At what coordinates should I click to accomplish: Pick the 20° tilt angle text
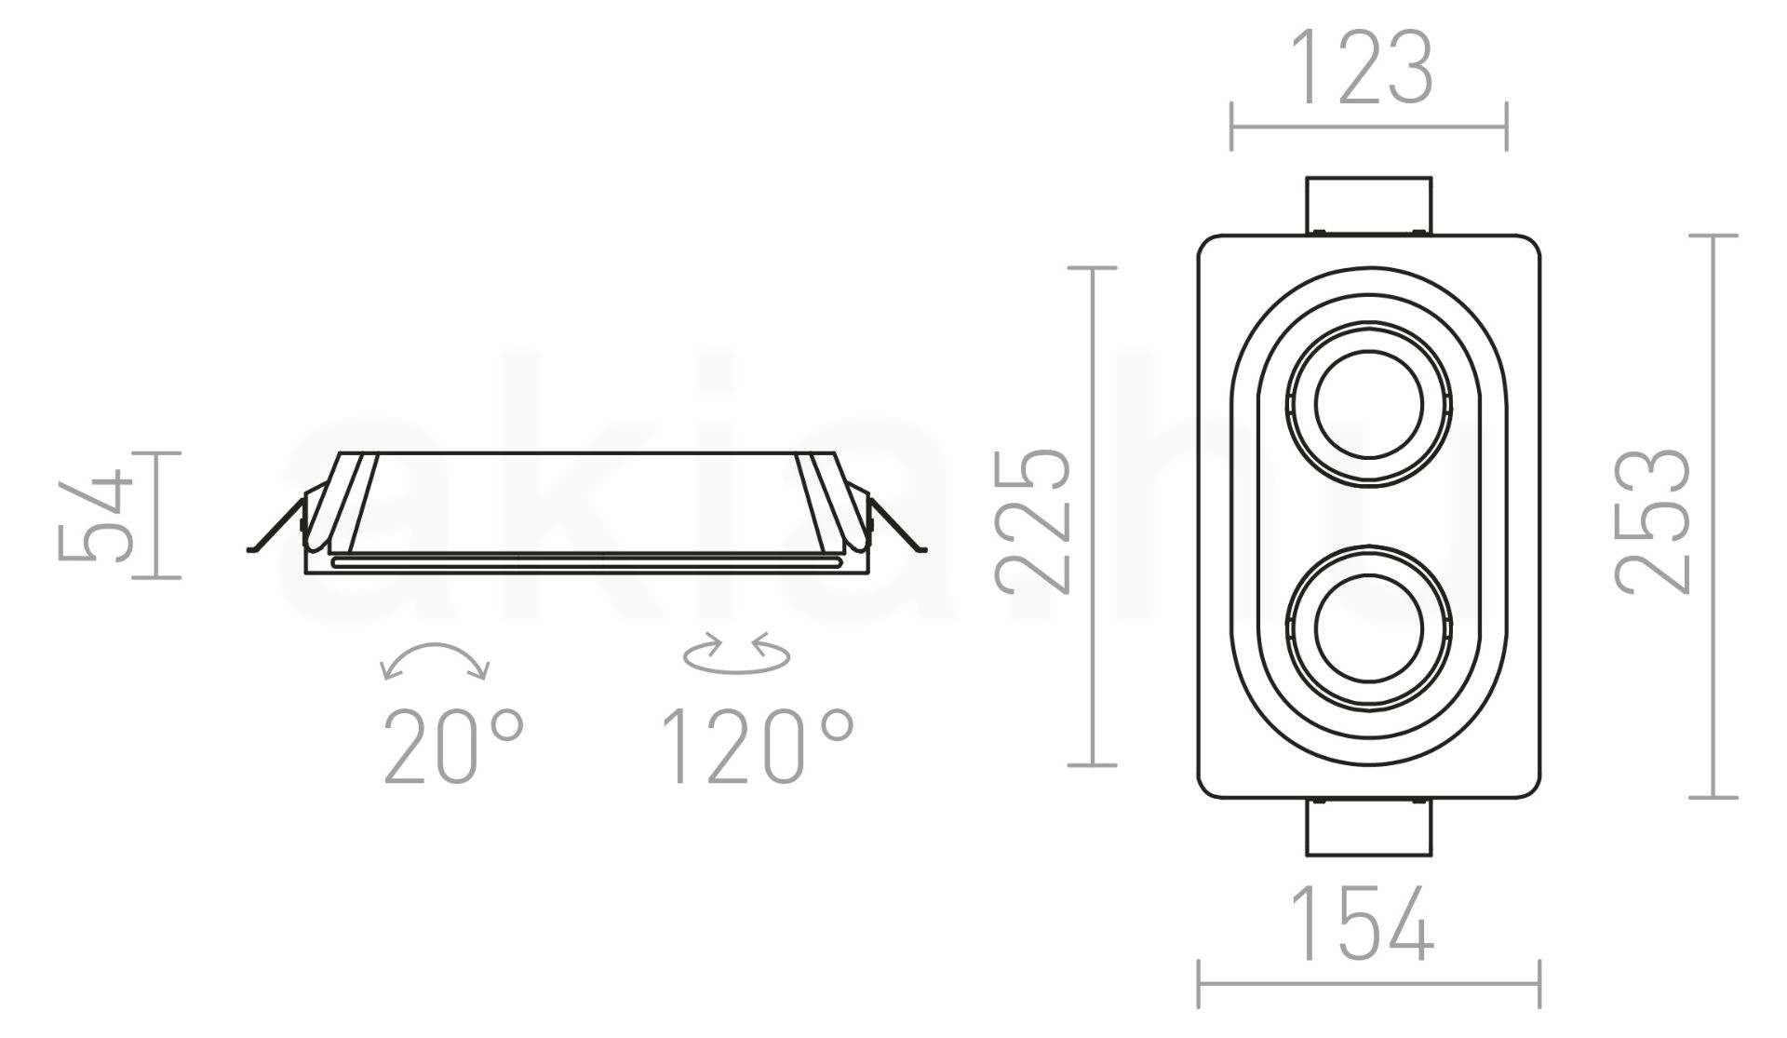pyautogui.click(x=454, y=747)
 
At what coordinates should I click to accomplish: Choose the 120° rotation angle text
pyautogui.click(x=757, y=747)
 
